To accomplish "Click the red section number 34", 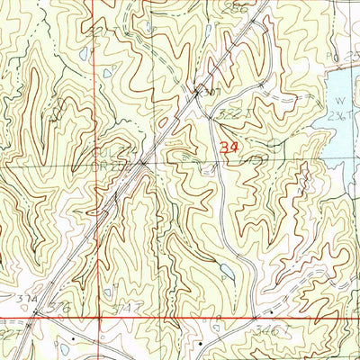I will click(228, 144).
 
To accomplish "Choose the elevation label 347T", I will click(130, 309).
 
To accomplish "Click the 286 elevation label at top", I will click(238, 7).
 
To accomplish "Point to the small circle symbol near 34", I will click(271, 142).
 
